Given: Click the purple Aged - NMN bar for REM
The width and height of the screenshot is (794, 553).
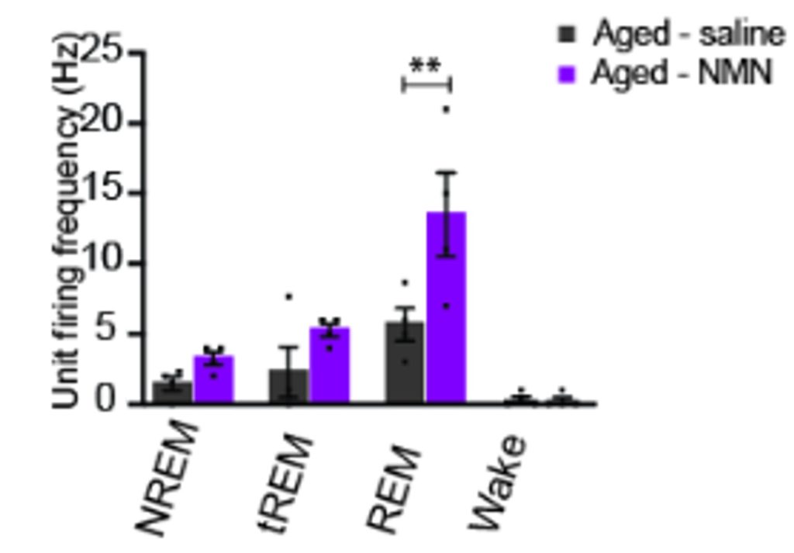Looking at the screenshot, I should tap(446, 310).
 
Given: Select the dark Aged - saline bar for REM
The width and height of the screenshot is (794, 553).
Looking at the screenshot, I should tap(405, 365).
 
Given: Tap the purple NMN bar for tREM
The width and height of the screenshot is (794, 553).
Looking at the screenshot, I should tap(330, 368).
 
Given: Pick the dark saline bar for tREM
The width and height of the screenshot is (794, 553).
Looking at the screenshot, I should tap(288, 388).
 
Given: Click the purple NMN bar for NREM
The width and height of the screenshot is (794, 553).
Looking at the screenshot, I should tap(213, 382).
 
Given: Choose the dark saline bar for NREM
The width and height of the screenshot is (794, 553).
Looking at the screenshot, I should tap(172, 392).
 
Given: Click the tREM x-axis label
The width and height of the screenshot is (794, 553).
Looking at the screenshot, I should tap(288, 484).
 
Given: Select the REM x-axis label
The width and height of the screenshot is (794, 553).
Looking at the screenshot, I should tap(395, 489).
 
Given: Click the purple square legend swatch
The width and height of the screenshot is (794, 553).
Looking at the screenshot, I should tap(568, 74).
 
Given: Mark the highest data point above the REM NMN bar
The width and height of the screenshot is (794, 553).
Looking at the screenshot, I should tap(446, 109).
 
